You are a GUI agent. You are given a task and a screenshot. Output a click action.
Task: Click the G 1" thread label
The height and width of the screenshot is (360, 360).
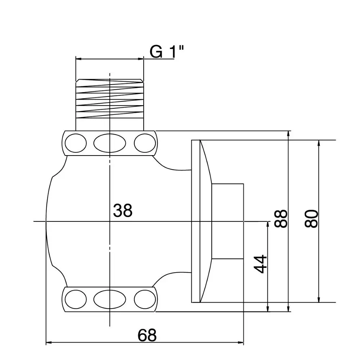coord(167,52)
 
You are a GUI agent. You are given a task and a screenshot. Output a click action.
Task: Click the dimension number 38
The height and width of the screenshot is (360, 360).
coord(123,211)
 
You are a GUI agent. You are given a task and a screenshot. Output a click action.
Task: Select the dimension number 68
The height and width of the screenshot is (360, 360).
coord(147,336)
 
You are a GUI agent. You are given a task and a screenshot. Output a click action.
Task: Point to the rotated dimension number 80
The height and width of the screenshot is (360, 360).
coord(311,218)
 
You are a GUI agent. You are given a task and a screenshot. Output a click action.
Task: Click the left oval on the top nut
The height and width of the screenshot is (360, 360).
coord(76,143)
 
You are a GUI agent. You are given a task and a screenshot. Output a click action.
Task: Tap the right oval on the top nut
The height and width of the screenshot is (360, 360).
coord(144,143)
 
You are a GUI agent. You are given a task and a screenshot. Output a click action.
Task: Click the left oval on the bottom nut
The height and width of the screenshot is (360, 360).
coord(76,299)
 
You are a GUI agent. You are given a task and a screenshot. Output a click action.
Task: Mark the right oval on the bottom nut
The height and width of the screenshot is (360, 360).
coord(144,299)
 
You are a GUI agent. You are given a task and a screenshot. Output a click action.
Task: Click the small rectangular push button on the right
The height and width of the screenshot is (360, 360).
coord(228,221)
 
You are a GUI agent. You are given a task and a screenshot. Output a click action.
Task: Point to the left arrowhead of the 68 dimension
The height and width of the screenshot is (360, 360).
coord(49,343)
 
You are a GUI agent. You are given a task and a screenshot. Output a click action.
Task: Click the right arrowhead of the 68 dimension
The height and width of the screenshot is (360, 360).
coord(242,343)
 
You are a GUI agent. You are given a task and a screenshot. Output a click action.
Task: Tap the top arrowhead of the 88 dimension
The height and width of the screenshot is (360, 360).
coord(288,133)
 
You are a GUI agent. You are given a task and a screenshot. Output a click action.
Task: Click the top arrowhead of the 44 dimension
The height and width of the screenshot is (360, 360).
coord(267,224)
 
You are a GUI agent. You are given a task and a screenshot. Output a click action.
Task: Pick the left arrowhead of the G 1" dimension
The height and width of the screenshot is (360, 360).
coord(78,59)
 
